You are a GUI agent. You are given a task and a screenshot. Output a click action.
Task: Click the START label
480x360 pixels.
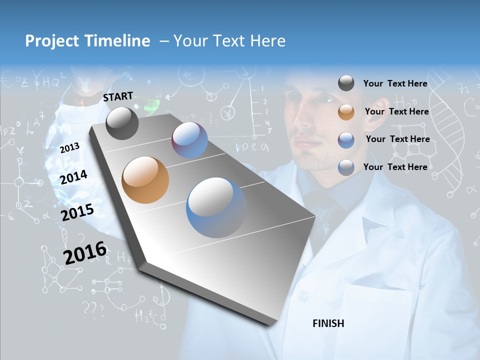118,96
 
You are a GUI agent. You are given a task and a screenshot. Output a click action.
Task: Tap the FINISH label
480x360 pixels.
328,323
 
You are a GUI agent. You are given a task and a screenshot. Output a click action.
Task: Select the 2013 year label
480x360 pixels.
69,148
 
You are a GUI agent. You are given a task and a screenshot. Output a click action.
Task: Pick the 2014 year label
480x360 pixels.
73,177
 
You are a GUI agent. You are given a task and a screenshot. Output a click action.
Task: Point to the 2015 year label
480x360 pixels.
77,212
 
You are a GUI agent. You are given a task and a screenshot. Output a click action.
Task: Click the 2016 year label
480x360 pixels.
84,253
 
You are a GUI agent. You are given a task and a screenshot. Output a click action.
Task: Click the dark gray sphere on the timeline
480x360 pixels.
122,123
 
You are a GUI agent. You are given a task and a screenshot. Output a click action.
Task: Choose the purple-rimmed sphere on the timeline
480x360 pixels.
189,140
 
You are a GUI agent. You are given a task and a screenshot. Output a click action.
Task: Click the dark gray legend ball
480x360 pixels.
346,83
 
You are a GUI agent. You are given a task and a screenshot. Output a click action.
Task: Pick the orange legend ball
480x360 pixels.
346,112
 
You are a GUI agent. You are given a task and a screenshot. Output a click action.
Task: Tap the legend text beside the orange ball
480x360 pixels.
396,111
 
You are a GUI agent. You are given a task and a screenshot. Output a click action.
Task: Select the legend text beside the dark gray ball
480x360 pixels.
395,83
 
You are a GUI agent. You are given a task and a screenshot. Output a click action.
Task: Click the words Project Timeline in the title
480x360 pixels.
87,41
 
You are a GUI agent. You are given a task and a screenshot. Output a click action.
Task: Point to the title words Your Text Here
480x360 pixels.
229,41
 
